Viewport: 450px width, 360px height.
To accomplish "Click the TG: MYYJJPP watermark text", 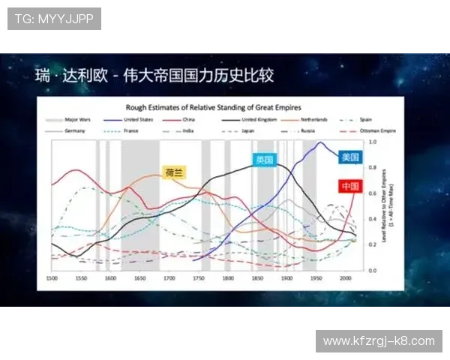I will [x=54, y=19].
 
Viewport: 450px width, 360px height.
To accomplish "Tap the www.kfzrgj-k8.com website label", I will [x=379, y=340].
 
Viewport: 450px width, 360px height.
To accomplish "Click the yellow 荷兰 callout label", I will [x=174, y=172].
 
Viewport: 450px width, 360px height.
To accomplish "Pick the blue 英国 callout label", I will [x=264, y=159].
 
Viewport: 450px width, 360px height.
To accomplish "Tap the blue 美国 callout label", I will [x=350, y=157].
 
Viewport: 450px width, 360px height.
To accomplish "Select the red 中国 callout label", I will [x=350, y=186].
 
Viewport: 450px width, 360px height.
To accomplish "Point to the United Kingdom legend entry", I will [x=259, y=119].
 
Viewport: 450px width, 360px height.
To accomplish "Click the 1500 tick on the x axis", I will [x=52, y=277].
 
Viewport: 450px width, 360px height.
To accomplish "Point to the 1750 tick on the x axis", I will [x=198, y=277].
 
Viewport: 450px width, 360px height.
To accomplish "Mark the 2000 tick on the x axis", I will [x=344, y=277].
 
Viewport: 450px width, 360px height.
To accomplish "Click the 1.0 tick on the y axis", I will [x=373, y=141].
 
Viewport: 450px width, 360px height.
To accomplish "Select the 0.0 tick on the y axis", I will [x=373, y=270].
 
